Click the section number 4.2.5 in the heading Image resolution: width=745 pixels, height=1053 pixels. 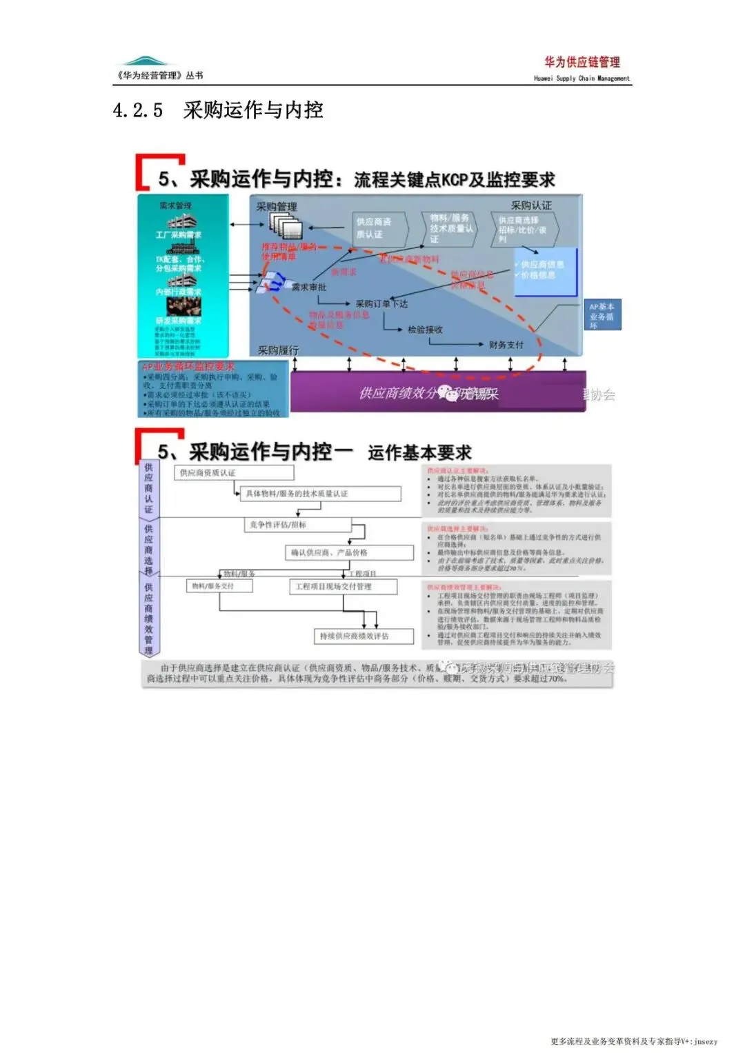[x=138, y=110]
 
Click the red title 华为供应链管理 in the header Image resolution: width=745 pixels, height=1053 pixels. [x=582, y=62]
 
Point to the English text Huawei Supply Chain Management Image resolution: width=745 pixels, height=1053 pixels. [x=582, y=79]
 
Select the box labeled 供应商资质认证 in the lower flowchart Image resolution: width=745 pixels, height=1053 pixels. [x=235, y=472]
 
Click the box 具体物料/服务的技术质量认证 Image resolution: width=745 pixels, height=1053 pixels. [x=320, y=494]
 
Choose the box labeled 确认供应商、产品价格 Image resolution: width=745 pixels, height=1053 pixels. [x=349, y=552]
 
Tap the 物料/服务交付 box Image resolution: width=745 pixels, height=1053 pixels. [x=219, y=585]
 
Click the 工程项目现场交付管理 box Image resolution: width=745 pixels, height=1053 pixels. [x=343, y=586]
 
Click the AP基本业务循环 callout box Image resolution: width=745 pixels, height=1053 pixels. [x=602, y=315]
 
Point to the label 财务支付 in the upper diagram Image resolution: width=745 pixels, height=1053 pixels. [x=506, y=345]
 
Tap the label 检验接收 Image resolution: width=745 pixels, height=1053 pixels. [x=425, y=330]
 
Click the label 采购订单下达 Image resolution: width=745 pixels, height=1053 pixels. [x=381, y=303]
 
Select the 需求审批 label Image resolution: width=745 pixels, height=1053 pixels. [x=308, y=287]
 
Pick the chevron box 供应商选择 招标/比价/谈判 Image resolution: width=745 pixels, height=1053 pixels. [x=524, y=229]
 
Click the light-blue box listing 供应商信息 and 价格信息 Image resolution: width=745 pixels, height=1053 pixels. [x=544, y=271]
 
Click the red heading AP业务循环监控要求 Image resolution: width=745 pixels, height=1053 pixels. [x=188, y=367]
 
